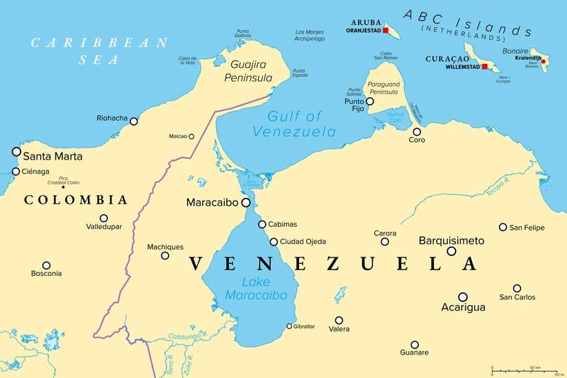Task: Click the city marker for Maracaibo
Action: pyautogui.click(x=246, y=203)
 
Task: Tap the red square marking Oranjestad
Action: pyautogui.click(x=386, y=30)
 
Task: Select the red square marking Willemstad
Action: pyautogui.click(x=485, y=67)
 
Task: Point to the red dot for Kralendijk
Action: pyautogui.click(x=544, y=62)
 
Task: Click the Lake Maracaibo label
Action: pyautogui.click(x=256, y=289)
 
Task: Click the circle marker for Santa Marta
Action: pyautogui.click(x=16, y=151)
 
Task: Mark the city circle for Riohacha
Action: pyautogui.click(x=133, y=121)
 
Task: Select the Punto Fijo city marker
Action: pyautogui.click(x=370, y=101)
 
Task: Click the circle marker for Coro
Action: pyautogui.click(x=417, y=131)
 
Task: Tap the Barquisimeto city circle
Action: pyautogui.click(x=451, y=251)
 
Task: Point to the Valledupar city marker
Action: pyautogui.click(x=103, y=218)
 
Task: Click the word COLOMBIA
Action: pyautogui.click(x=76, y=200)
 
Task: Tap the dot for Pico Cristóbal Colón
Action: pyautogui.click(x=62, y=187)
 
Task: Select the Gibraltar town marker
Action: pyautogui.click(x=288, y=326)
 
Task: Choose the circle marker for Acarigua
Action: pyautogui.click(x=463, y=297)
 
